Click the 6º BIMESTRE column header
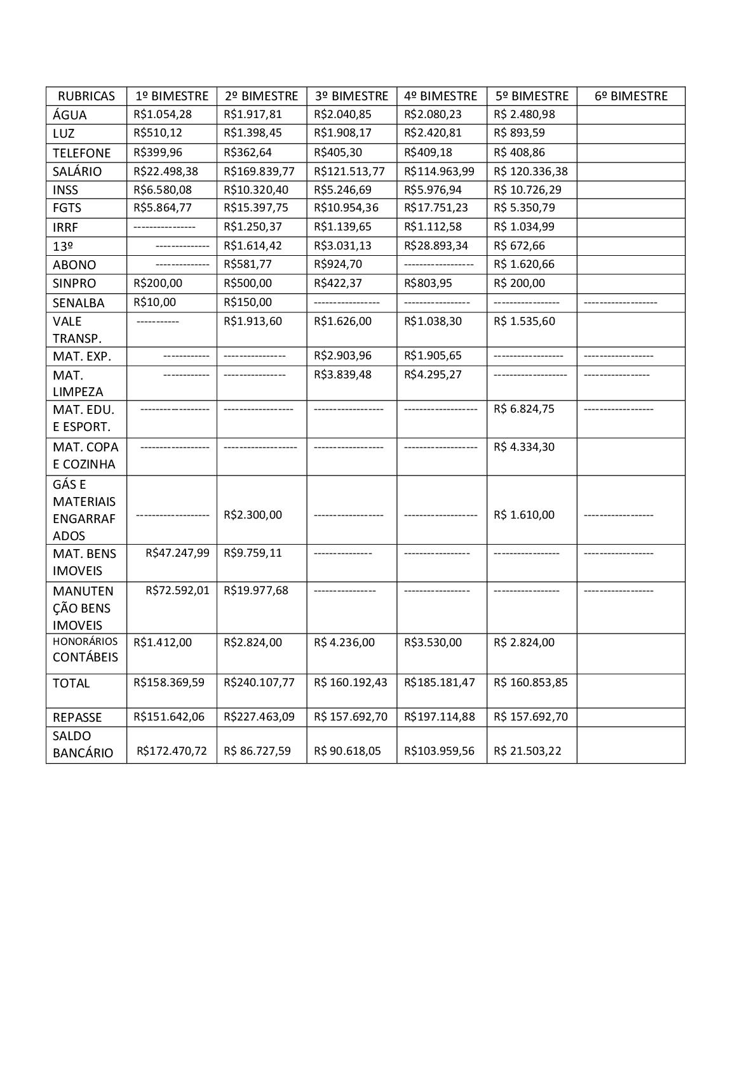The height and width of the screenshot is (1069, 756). [631, 96]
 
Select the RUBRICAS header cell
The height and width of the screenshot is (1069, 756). [86, 96]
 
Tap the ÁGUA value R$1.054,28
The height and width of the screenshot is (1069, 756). [163, 114]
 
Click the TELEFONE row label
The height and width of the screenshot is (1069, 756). [81, 153]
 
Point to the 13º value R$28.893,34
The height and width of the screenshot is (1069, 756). [436, 246]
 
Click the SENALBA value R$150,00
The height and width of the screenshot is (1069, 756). [248, 302]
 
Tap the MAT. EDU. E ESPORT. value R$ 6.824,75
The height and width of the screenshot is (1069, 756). [524, 409]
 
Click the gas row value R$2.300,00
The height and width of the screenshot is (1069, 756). [253, 515]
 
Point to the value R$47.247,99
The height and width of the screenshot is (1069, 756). [177, 553]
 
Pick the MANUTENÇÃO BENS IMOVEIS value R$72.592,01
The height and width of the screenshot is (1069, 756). [177, 590]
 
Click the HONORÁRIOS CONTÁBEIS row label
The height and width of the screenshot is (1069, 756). [85, 649]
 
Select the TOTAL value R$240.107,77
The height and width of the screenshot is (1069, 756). [259, 682]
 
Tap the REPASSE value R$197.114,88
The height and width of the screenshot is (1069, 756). [440, 717]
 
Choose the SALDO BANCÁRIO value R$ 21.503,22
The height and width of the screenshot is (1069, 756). [527, 751]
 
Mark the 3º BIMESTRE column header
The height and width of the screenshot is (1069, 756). [351, 96]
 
